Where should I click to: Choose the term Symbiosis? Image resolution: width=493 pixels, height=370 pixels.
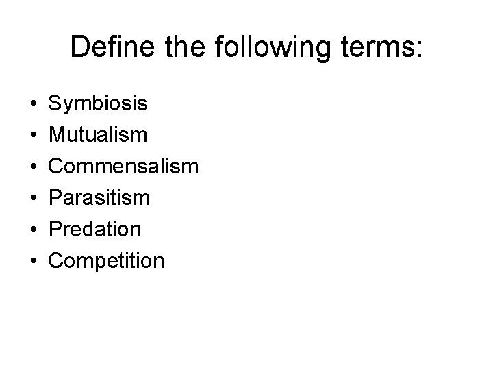pyautogui.click(x=97, y=104)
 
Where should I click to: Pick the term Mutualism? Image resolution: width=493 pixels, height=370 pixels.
pyautogui.click(x=97, y=135)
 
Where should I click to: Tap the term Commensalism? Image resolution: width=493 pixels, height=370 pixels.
pyautogui.click(x=123, y=166)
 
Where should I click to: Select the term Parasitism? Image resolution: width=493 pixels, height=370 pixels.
pyautogui.click(x=99, y=198)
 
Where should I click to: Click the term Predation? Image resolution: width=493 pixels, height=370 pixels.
pyautogui.click(x=95, y=229)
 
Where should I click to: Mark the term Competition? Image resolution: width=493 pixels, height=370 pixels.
pyautogui.click(x=106, y=261)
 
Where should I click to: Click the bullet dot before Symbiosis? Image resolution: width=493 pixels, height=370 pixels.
pyautogui.click(x=34, y=105)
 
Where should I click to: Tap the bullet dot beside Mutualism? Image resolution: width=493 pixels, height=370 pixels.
pyautogui.click(x=34, y=136)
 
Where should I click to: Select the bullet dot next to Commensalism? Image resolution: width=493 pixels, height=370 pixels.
pyautogui.click(x=34, y=167)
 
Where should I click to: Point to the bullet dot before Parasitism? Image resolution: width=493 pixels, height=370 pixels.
pyautogui.click(x=34, y=199)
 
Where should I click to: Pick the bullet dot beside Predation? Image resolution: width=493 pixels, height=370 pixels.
pyautogui.click(x=34, y=230)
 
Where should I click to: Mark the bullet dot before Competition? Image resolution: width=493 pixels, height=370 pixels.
pyautogui.click(x=34, y=262)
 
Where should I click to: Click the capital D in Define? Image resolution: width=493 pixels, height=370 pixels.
pyautogui.click(x=80, y=48)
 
